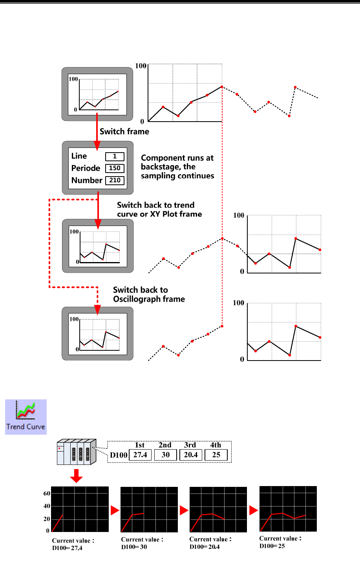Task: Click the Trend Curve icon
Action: point(26,416)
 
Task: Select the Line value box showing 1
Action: point(115,157)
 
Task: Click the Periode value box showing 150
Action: point(115,168)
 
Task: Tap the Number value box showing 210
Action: point(115,180)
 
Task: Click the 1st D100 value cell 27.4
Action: point(140,455)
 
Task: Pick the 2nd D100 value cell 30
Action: point(165,455)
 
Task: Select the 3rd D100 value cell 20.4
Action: point(191,455)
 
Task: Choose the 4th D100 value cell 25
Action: point(216,455)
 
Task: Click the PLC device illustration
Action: point(76,452)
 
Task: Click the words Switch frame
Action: point(124,132)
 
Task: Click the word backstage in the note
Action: point(159,167)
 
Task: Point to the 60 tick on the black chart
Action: point(47,494)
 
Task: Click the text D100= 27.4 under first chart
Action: point(67,548)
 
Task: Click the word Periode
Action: point(86,168)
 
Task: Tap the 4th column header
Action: point(216,445)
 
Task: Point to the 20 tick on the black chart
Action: point(47,519)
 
